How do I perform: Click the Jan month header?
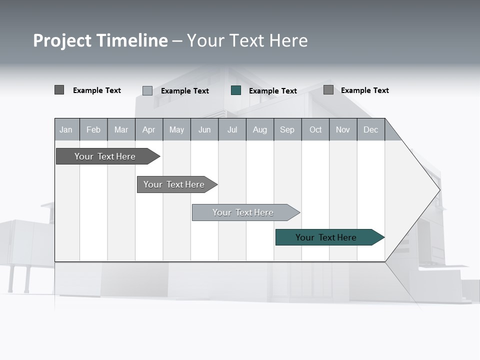tap(66, 129)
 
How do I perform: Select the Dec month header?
tap(370, 129)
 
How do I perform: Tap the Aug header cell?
tap(259, 129)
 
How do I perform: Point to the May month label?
tap(176, 129)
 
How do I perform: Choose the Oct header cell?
tap(315, 129)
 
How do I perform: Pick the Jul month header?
tap(232, 129)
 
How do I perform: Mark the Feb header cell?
tap(93, 129)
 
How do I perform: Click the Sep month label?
tap(287, 129)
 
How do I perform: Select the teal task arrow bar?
tap(326, 237)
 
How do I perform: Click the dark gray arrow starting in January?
tap(105, 156)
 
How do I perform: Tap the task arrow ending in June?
tap(174, 184)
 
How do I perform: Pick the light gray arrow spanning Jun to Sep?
tap(243, 212)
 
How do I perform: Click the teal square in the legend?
tap(236, 90)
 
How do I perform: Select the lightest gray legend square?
tap(147, 90)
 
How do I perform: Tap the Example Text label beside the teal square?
tap(272, 91)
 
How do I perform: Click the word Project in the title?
tap(62, 40)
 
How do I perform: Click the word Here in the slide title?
tap(288, 40)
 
